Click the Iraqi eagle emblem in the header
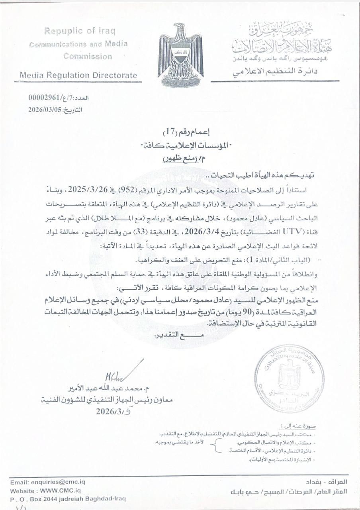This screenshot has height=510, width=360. click(180, 55)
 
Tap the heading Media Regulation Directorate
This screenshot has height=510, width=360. click(78, 75)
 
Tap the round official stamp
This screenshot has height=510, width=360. click(290, 372)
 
